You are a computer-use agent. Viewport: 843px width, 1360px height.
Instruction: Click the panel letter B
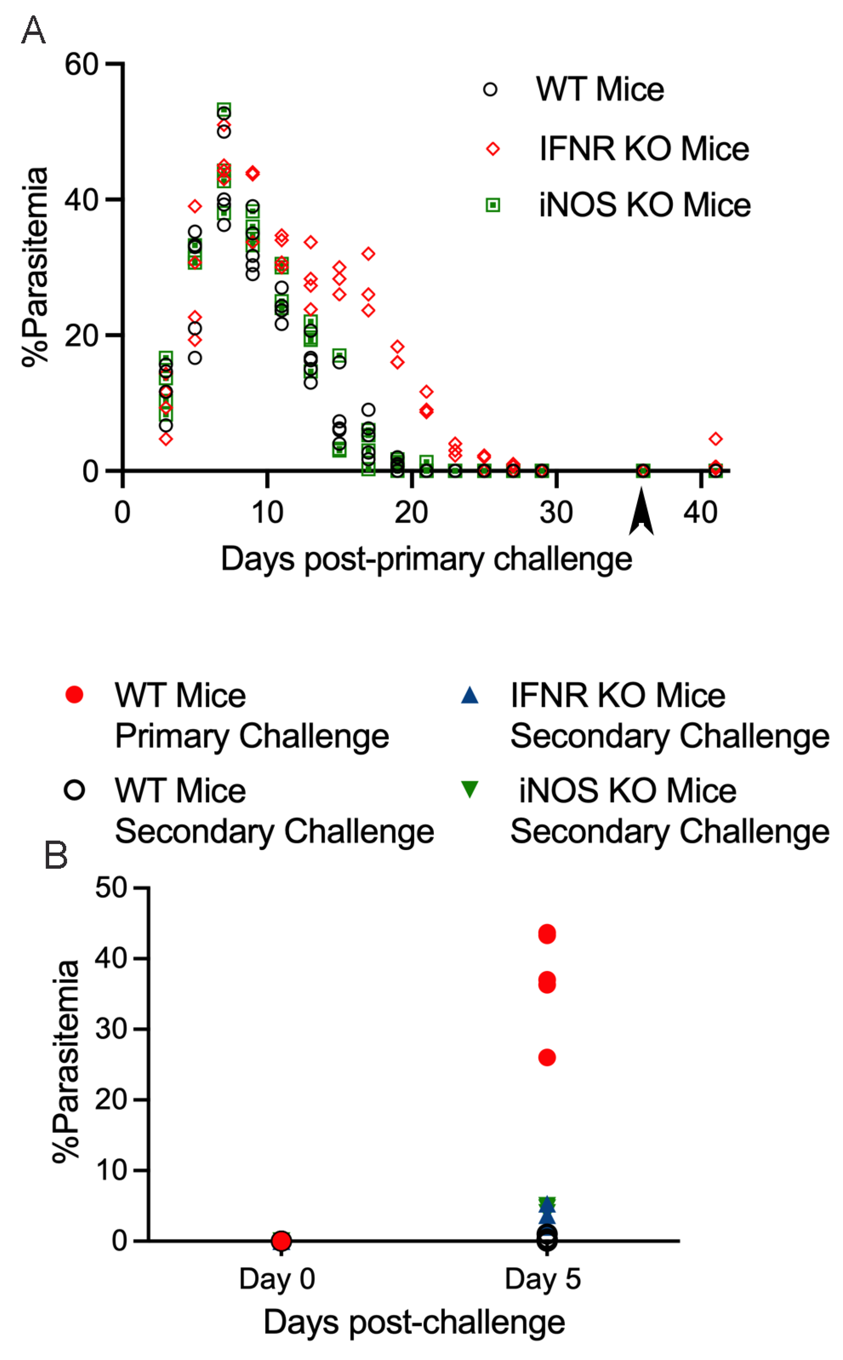coord(55,854)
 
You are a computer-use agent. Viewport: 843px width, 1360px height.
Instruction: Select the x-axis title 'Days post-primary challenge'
coord(426,559)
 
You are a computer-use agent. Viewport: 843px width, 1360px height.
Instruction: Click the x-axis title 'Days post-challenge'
coord(414,1321)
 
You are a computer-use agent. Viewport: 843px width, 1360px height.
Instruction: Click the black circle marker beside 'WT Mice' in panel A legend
coord(490,89)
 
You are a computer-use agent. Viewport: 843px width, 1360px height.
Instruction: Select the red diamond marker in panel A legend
coord(493,148)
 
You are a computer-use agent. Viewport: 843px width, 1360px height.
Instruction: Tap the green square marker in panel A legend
coord(493,205)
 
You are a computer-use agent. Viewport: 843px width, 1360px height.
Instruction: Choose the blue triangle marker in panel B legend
coord(470,695)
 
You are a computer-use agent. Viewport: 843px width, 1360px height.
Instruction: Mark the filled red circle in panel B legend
coord(74,695)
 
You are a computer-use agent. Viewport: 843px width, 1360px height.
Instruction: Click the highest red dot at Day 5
coord(547,934)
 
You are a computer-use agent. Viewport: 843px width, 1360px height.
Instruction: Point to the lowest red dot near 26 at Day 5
coord(547,1057)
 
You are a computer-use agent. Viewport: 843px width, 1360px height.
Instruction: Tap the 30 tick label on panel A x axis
coord(556,512)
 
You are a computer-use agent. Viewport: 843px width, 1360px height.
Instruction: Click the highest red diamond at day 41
coord(716,439)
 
